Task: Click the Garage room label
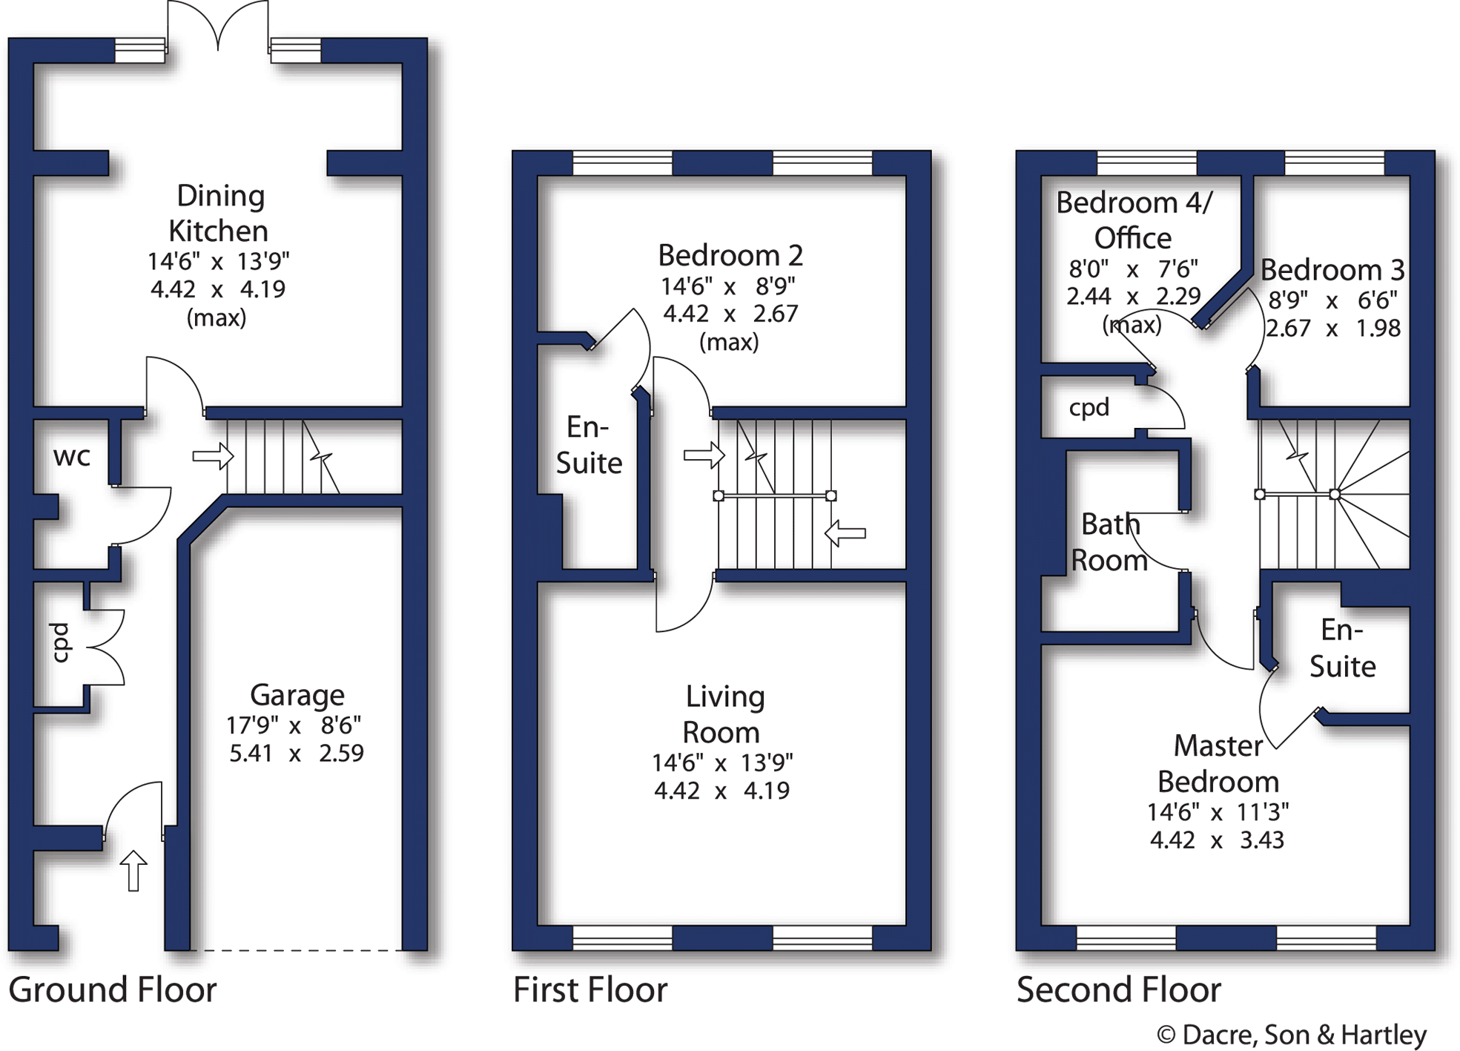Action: pos(297,696)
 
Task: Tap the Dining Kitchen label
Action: pos(219,214)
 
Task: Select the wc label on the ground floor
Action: pos(72,457)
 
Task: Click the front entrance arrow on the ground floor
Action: pos(133,870)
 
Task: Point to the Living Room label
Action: pos(723,714)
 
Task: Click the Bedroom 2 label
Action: pos(730,256)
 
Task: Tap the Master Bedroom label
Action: pos(1218,763)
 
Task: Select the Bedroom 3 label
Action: pos(1332,270)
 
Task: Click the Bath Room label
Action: pos(1109,542)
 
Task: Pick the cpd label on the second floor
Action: pos(1089,407)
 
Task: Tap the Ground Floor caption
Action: pos(113,990)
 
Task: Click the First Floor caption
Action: pos(590,990)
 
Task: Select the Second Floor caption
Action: pos(1118,990)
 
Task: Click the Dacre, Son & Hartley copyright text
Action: pos(1291,1035)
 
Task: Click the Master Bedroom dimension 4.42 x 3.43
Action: pos(1217,840)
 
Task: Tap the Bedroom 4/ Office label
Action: pos(1134,220)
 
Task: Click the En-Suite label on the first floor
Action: pos(589,445)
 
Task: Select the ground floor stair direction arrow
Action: pos(213,455)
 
